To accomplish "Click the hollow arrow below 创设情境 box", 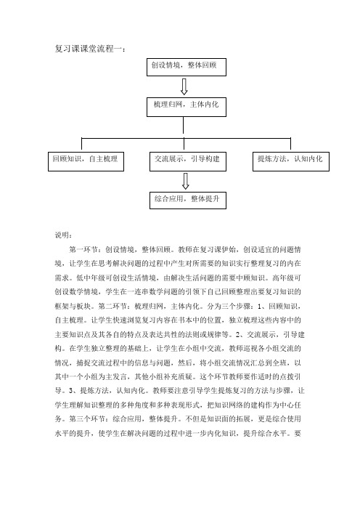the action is [x=184, y=86].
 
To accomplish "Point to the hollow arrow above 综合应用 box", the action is [x=186, y=181].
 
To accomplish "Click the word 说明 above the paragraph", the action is [x=62, y=235].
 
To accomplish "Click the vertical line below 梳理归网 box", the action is [x=183, y=125].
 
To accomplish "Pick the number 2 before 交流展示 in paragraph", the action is [x=241, y=334].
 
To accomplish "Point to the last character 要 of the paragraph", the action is [x=298, y=433].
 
